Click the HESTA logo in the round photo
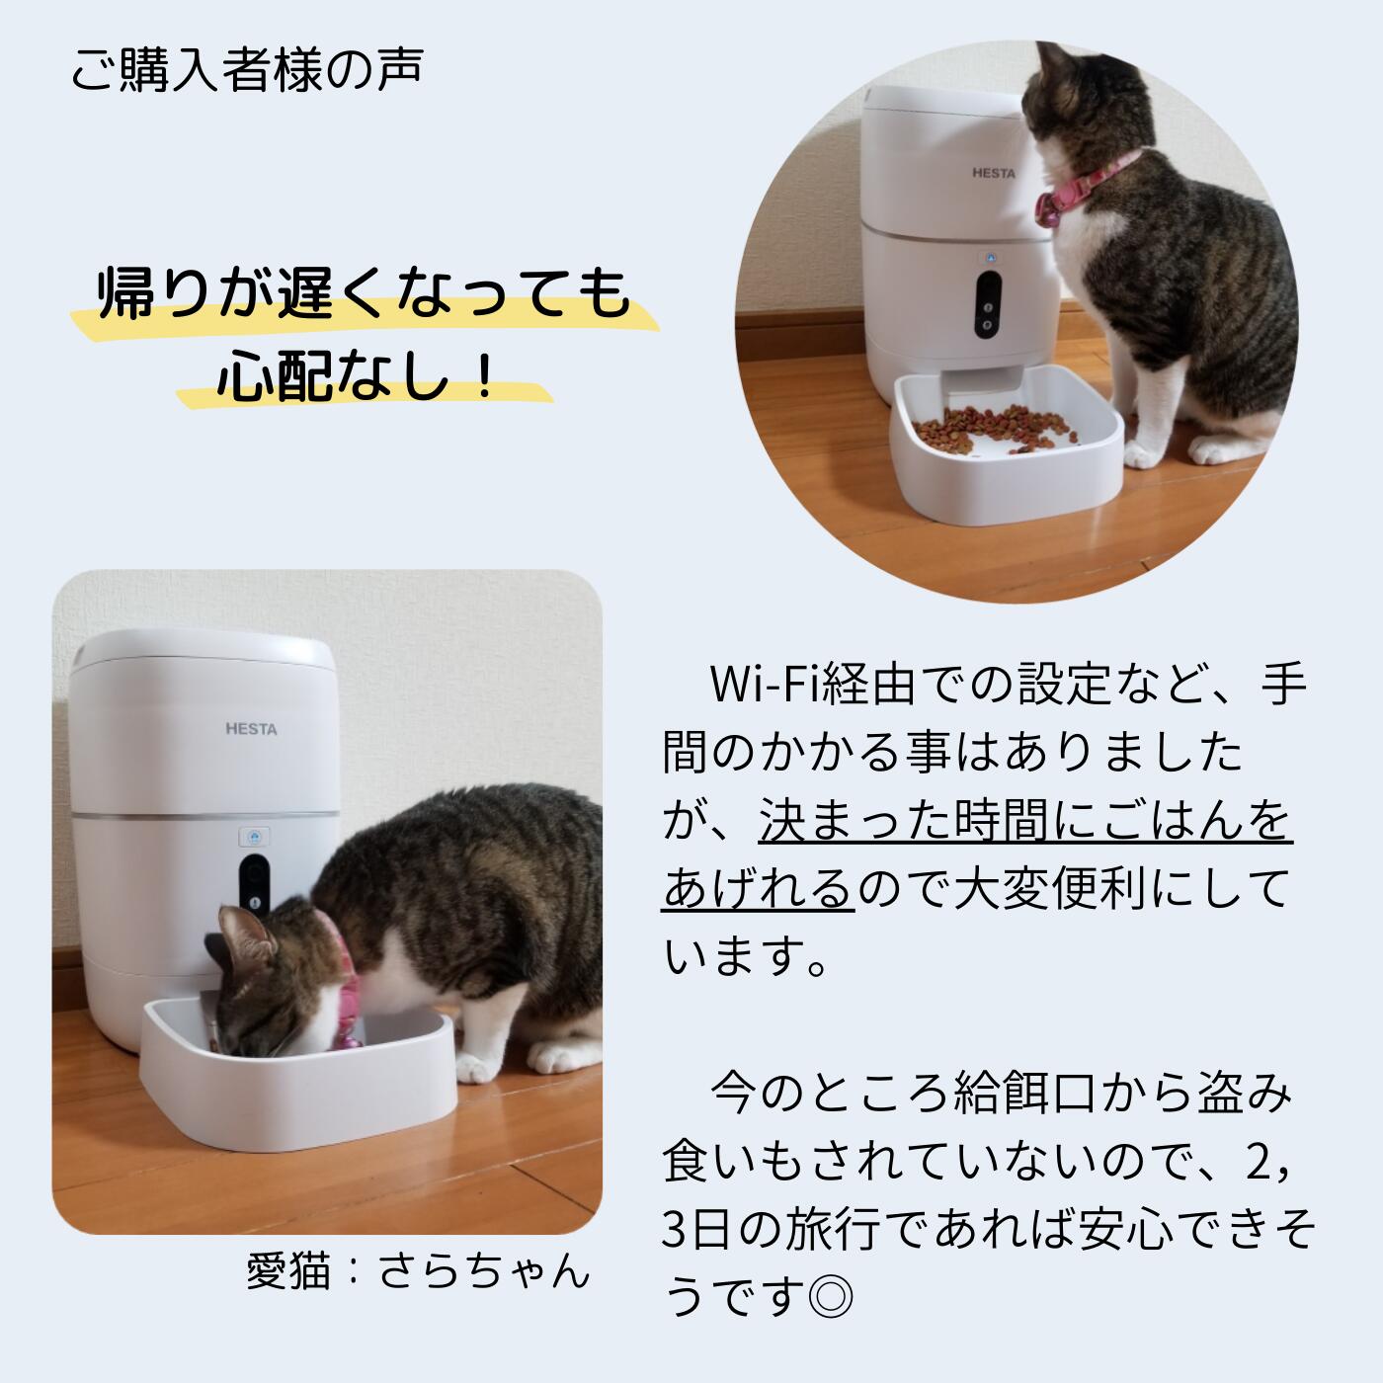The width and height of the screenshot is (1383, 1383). pyautogui.click(x=993, y=173)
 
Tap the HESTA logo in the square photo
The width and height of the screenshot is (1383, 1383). pyautogui.click(x=251, y=729)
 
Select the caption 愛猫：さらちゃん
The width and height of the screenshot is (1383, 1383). pyautogui.click(x=417, y=1270)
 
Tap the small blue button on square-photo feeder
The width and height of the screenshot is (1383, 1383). pyautogui.click(x=254, y=836)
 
